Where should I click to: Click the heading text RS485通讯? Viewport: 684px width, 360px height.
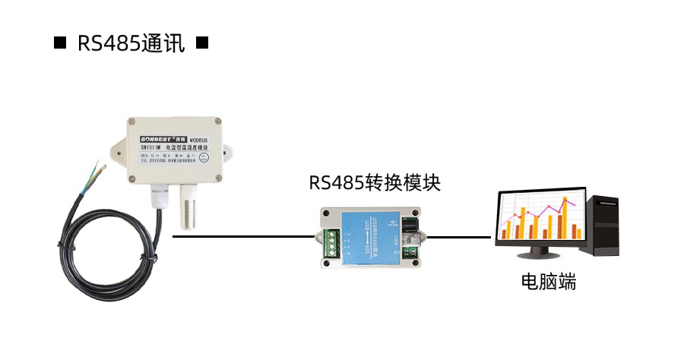pyautogui.click(x=131, y=43)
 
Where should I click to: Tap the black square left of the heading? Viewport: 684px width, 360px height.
pyautogui.click(x=60, y=43)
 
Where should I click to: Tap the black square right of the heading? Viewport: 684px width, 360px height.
pyautogui.click(x=201, y=43)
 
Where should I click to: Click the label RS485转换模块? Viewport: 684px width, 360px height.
pyautogui.click(x=375, y=183)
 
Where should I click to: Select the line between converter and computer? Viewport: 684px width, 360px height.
pyautogui.click(x=460, y=236)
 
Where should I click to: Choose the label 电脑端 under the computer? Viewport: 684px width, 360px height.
pyautogui.click(x=548, y=283)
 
